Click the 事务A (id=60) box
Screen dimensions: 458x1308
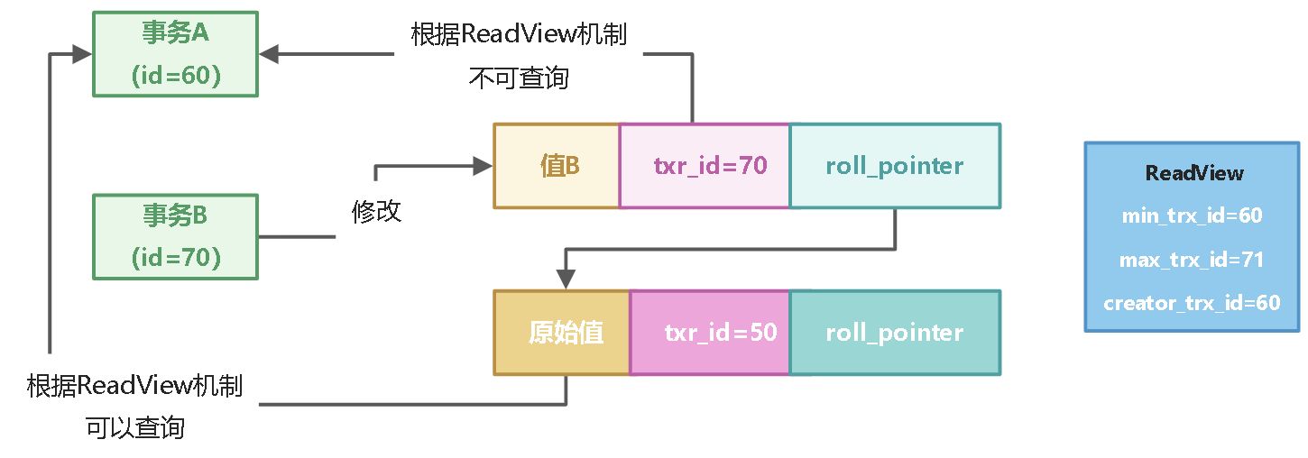tap(175, 54)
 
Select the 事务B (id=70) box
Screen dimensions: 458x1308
tap(175, 236)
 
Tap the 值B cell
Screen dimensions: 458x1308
tap(557, 167)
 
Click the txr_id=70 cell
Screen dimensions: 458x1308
tap(705, 167)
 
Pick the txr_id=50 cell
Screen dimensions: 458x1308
tap(710, 333)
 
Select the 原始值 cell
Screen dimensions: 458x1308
tap(562, 333)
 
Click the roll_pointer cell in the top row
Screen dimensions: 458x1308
tap(894, 167)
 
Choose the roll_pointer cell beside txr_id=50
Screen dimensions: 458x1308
tap(894, 333)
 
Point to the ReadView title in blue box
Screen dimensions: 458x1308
tap(1193, 173)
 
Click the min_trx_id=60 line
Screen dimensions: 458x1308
tap(1193, 216)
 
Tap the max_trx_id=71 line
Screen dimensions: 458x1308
tap(1193, 260)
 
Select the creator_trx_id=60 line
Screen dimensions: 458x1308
tap(1193, 303)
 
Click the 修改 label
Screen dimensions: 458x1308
tap(376, 212)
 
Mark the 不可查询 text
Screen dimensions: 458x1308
tap(519, 78)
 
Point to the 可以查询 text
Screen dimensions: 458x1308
tap(135, 427)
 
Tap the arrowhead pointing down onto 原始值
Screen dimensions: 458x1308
tap(566, 280)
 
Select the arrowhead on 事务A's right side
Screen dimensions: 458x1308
tap(269, 54)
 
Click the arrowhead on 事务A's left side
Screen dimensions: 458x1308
tap(83, 54)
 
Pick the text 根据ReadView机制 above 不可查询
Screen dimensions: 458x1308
tap(519, 36)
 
